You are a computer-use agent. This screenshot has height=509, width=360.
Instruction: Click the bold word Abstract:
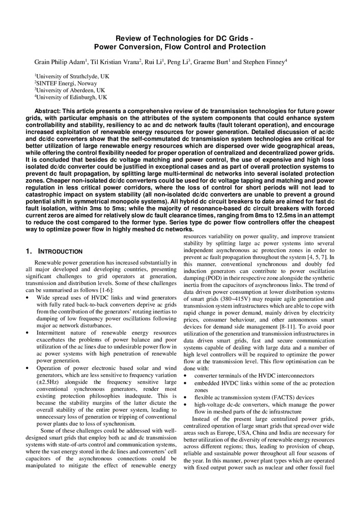tap(50, 111)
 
